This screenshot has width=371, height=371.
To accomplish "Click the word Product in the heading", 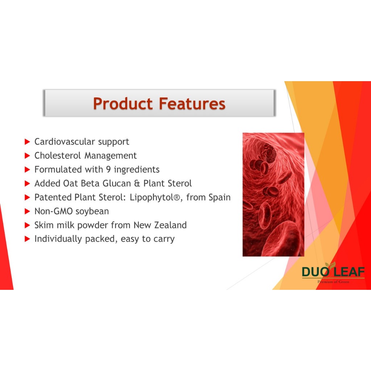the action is pyautogui.click(x=123, y=104).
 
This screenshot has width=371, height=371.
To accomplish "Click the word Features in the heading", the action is pyautogui.click(x=192, y=104).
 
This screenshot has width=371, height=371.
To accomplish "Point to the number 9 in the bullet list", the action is pyautogui.click(x=108, y=170).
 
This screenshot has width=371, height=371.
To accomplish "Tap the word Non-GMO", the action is pyautogui.click(x=54, y=211).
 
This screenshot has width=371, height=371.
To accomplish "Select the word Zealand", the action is pyautogui.click(x=170, y=225).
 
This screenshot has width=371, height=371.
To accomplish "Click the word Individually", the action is pyautogui.click(x=58, y=239).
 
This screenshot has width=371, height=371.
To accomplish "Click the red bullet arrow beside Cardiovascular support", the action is pyautogui.click(x=27, y=142).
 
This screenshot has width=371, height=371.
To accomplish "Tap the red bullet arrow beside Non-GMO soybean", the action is pyautogui.click(x=27, y=211).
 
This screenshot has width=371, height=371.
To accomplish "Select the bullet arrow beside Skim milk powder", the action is pyautogui.click(x=27, y=225).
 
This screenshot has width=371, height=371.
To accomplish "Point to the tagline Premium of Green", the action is pyautogui.click(x=333, y=282).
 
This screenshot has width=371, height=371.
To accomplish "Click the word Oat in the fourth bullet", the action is pyautogui.click(x=71, y=183).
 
